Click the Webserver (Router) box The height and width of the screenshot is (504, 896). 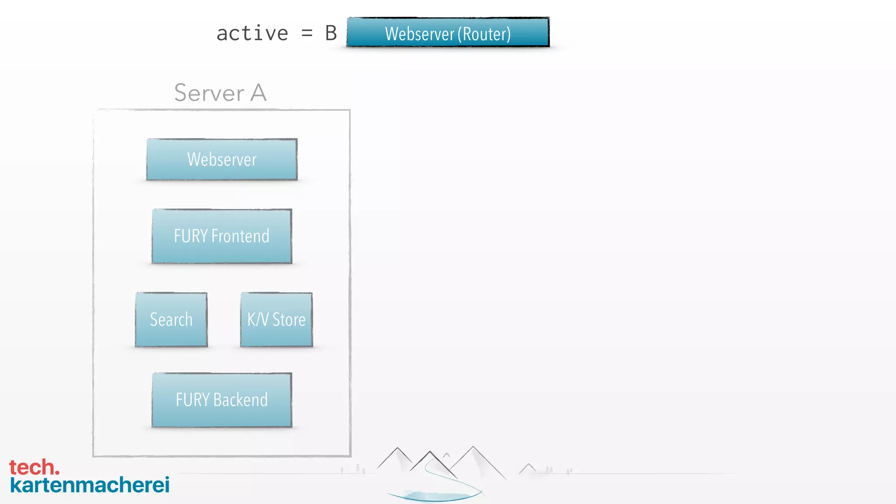coord(448,32)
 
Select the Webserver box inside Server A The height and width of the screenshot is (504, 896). coord(222,159)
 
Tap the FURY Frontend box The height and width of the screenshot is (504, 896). coord(222,236)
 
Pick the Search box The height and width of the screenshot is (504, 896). coord(171,320)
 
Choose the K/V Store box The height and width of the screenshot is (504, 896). coord(276,320)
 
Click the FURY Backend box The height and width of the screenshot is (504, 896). coord(222,400)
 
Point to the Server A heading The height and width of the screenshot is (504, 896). coord(220,93)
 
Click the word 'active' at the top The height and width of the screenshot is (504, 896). coord(252,34)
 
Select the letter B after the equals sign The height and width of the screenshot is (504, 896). coord(331,34)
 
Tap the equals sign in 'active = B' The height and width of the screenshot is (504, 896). coord(307,34)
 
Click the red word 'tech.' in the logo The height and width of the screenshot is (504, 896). coord(34,467)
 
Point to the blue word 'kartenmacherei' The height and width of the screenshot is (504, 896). coord(90,485)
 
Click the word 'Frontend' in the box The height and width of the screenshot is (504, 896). coord(240,236)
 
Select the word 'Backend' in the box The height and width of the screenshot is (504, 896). coord(240,400)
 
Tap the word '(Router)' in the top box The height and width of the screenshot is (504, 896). coord(484,34)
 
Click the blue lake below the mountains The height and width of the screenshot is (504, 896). coord(435,496)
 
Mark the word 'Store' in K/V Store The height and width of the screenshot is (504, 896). coord(289,320)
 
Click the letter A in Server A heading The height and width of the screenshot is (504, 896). coord(258,93)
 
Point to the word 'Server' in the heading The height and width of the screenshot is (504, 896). coord(209,93)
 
